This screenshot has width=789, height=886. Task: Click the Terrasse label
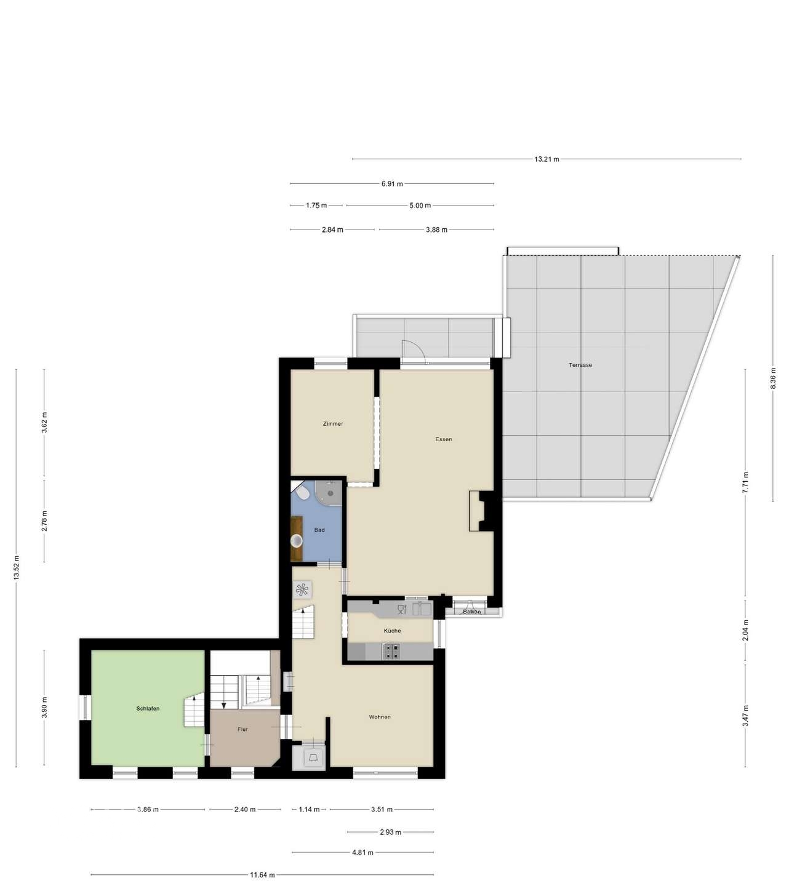580,365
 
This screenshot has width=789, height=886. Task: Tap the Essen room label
443,439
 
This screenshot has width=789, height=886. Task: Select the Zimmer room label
333,424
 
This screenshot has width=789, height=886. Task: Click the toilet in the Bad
302,493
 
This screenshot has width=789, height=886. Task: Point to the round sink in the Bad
297,541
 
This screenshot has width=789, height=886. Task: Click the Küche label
392,631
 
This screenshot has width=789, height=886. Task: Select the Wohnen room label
380,717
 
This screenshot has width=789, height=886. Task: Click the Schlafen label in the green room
148,709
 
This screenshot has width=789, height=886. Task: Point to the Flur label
242,729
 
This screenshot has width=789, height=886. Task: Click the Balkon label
471,612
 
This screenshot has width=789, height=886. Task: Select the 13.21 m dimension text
547,159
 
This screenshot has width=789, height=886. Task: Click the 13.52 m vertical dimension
17,567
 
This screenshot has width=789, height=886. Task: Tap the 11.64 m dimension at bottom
262,875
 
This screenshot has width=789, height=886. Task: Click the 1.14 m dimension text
309,810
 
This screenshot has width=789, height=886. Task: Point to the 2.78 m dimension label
44,521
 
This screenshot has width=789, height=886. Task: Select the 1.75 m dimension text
316,206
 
